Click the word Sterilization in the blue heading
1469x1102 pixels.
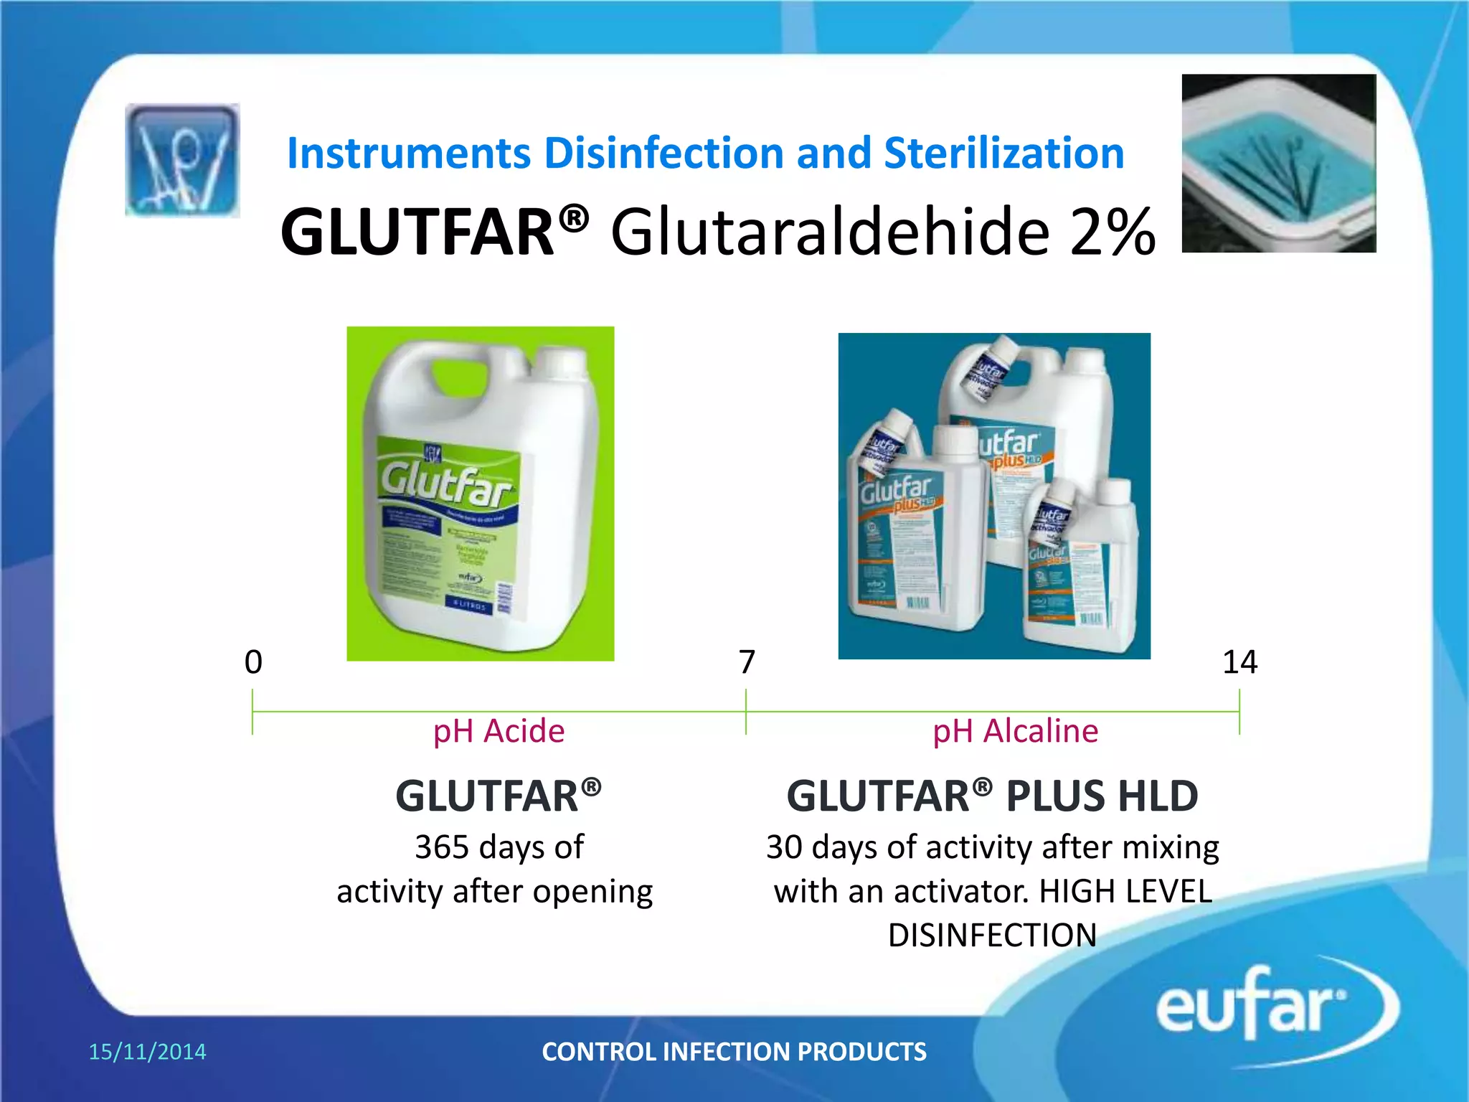click(x=1003, y=154)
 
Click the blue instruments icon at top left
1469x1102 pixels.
click(x=182, y=160)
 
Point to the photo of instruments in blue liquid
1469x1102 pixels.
click(x=1278, y=164)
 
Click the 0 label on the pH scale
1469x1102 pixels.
click(x=253, y=661)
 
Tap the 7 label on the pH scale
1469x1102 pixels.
click(x=747, y=661)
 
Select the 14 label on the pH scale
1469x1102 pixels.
click(x=1239, y=661)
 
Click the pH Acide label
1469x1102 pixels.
click(x=499, y=731)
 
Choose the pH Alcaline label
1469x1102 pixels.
click(x=1015, y=731)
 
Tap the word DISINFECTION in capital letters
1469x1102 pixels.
click(x=992, y=936)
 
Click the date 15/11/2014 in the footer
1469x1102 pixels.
click(x=147, y=1052)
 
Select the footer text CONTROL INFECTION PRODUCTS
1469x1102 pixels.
click(x=734, y=1052)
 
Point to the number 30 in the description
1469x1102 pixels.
click(x=784, y=847)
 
